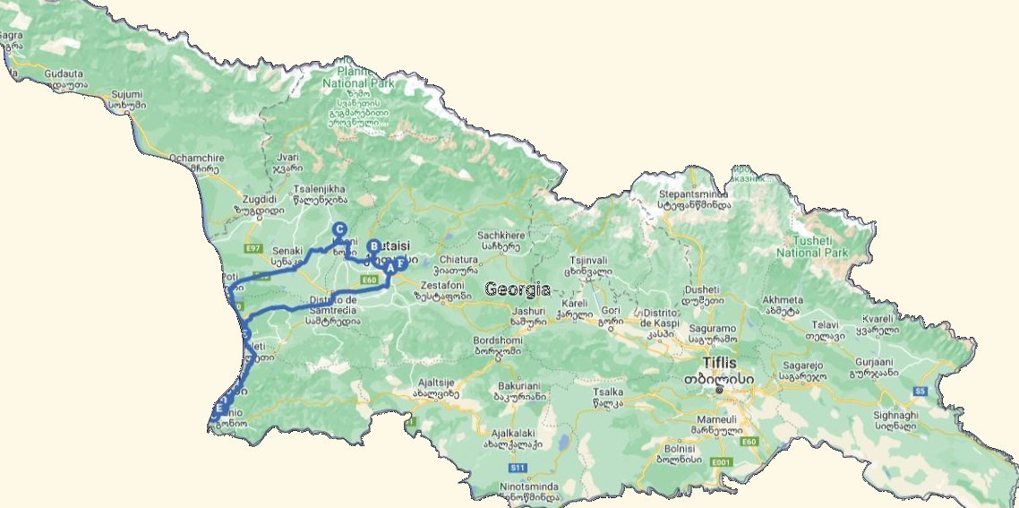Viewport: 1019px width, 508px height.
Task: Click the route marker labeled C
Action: [x=339, y=229]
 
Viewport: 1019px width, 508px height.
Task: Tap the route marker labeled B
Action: [x=374, y=246]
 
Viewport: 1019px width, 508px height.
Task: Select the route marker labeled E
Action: [x=218, y=409]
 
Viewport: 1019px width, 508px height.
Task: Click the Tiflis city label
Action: [x=719, y=363]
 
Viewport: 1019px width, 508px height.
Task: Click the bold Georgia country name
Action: [x=517, y=289]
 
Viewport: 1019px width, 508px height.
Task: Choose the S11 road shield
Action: [x=517, y=467]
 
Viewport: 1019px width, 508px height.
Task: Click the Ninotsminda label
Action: [x=528, y=487]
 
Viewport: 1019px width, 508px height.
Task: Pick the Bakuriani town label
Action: [x=518, y=386]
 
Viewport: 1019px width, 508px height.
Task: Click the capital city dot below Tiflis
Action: [x=719, y=390]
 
